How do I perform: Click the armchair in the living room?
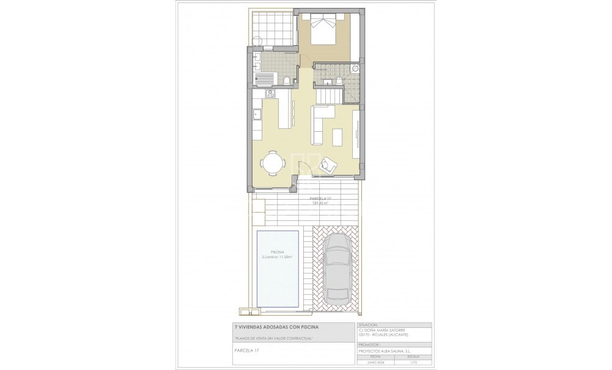tap(330, 164)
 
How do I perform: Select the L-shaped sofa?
tap(320, 122)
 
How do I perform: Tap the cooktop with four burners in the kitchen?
tap(270, 93)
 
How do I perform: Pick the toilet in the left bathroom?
tap(285, 80)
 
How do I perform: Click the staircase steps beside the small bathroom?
tap(330, 95)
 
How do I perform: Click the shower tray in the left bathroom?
tap(265, 78)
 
